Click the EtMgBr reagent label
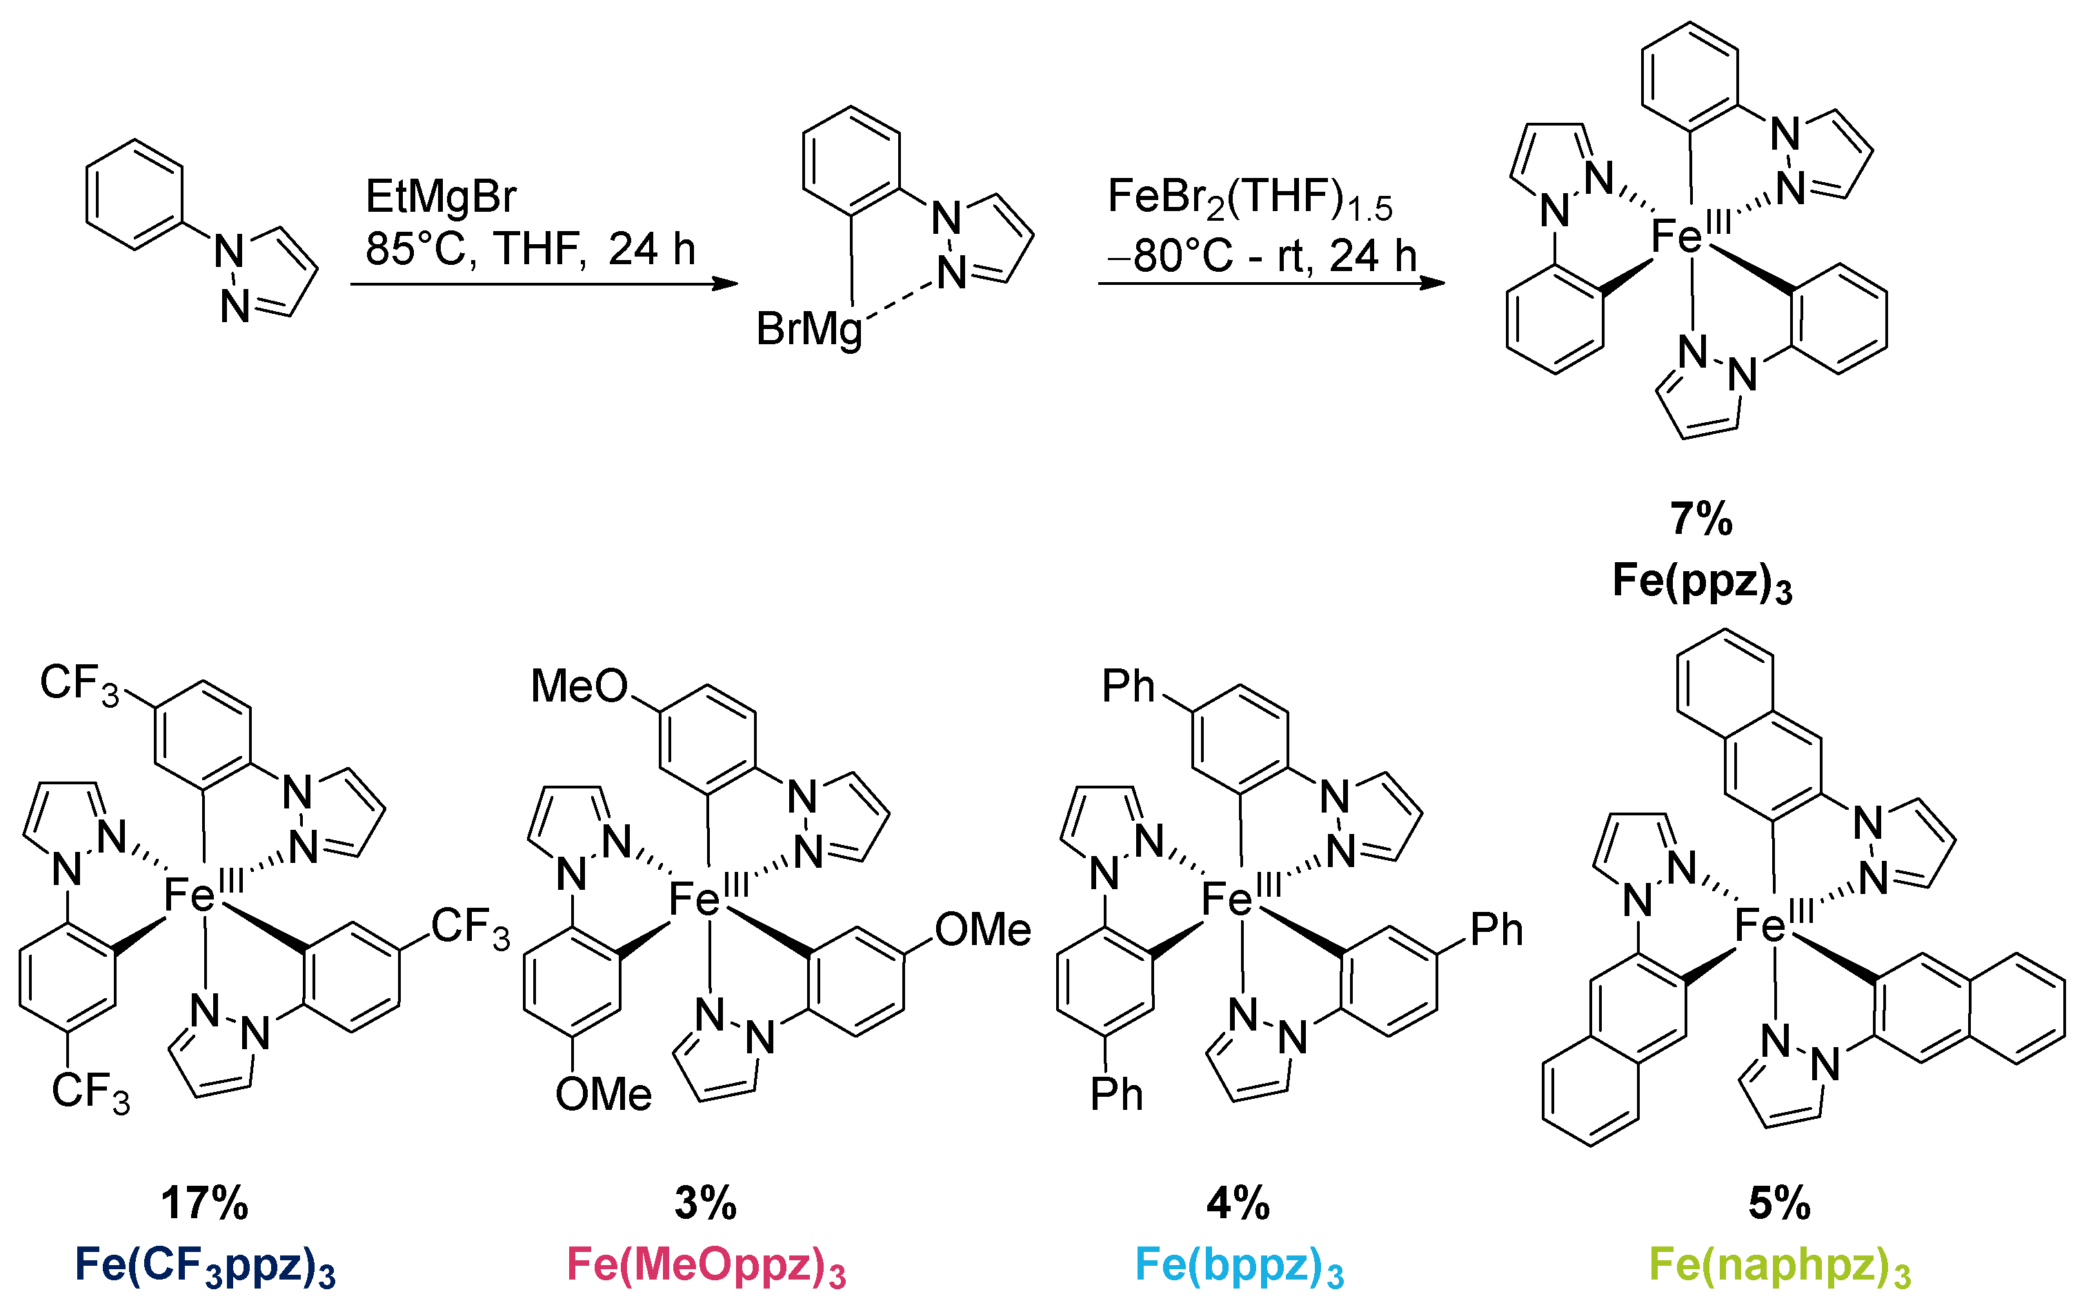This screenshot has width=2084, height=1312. pos(441,197)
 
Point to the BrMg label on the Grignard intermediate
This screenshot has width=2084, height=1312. pos(809,330)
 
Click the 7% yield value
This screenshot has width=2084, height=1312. pos(1700,519)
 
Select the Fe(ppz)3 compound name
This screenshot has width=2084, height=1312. pos(1701,582)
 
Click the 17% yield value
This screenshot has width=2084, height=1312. pos(205,1203)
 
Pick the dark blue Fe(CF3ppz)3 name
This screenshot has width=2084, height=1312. pos(205,1265)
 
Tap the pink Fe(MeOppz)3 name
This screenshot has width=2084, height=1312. pos(705,1265)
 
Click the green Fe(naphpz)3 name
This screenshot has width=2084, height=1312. pos(1779,1265)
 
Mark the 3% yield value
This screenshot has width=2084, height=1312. pos(705,1203)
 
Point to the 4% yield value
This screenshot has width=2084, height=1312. pos(1238,1203)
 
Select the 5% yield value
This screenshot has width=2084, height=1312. pos(1779,1203)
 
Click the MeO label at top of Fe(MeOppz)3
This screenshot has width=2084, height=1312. pos(579,686)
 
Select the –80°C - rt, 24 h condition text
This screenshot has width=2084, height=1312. pos(1261,256)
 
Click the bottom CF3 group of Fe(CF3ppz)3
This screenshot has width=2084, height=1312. pos(90,1092)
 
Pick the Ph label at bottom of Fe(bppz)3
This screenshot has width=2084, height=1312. pos(1116,1095)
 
